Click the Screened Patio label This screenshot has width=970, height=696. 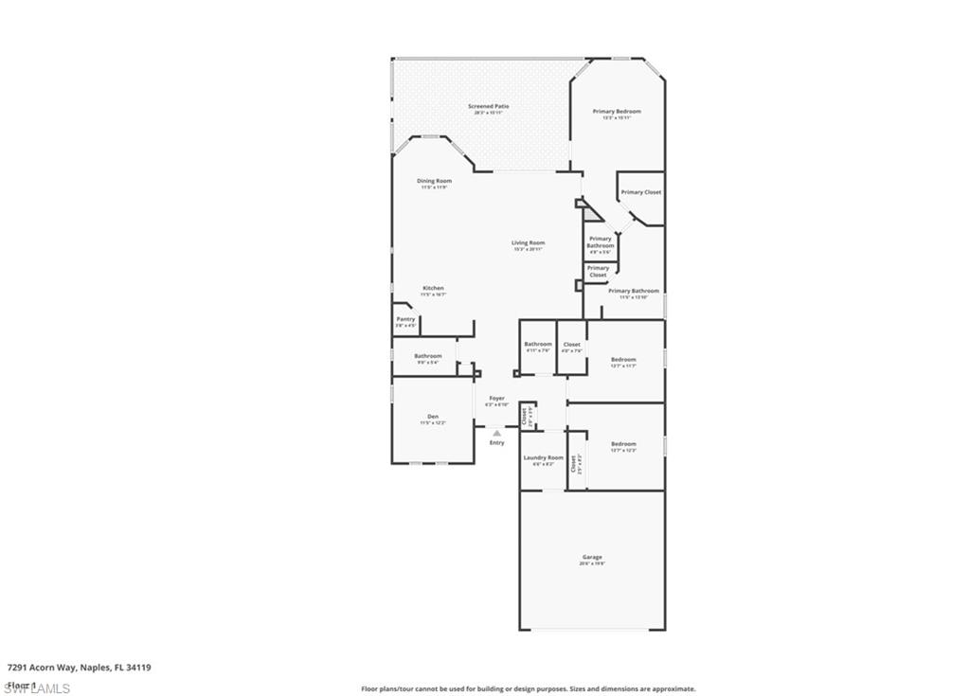(488, 106)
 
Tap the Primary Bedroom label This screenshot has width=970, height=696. (617, 112)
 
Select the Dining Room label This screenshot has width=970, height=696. (434, 181)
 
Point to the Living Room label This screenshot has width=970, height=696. (529, 242)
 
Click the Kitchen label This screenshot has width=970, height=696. (433, 288)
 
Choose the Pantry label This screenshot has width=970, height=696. (405, 319)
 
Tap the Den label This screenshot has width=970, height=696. (433, 417)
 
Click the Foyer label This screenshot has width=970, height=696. (496, 399)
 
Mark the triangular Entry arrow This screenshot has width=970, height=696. (496, 433)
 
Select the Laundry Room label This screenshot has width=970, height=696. (543, 457)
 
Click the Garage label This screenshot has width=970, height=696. (592, 557)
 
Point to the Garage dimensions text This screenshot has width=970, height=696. (592, 563)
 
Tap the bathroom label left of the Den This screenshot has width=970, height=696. (427, 356)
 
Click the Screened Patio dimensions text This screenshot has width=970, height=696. (488, 113)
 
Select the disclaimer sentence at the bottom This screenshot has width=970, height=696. (529, 688)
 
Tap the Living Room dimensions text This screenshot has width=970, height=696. (529, 249)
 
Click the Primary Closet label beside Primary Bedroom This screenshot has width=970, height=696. (640, 192)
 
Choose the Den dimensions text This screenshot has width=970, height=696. (433, 423)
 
